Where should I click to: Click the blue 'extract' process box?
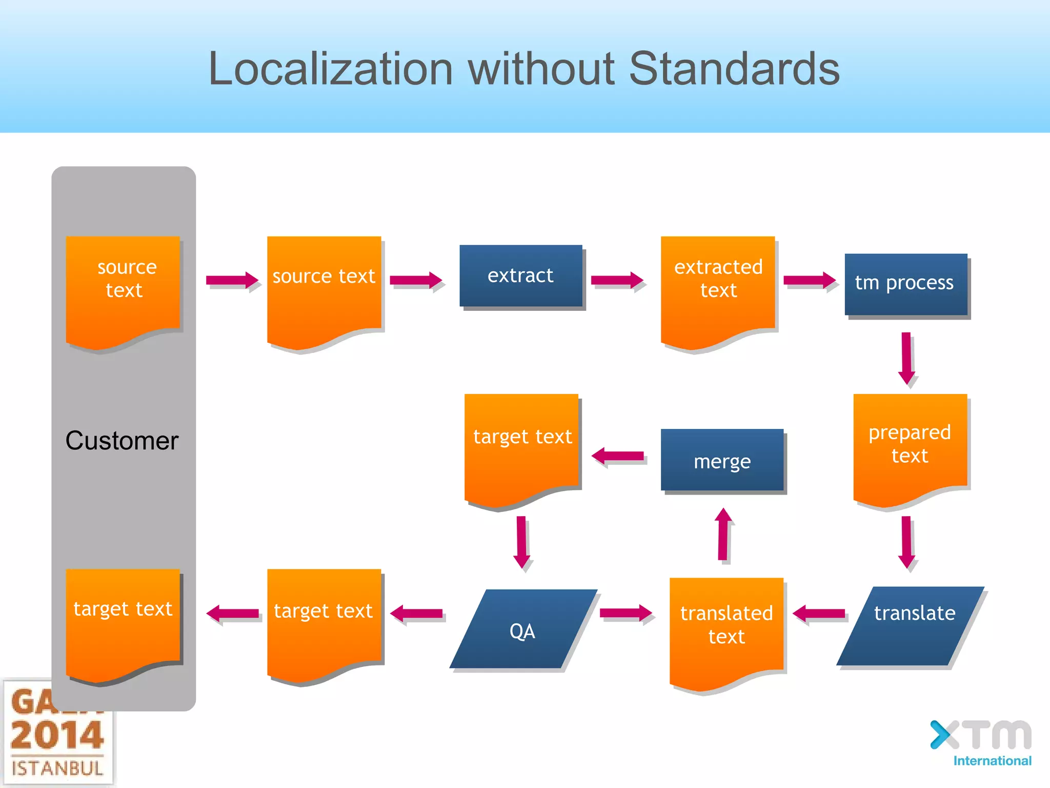520,276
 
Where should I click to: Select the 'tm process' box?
905,284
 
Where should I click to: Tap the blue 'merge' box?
722,460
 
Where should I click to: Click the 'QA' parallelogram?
523,629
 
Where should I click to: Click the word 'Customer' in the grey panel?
122,441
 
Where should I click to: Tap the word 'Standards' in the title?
734,69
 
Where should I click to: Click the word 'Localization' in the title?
331,69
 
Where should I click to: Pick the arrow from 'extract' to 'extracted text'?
617,280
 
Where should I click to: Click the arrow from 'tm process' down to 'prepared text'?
906,359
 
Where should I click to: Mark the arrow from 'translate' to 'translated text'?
819,613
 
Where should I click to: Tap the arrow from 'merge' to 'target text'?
618,456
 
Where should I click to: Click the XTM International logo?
981,743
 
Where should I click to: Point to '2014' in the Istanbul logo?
57,735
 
